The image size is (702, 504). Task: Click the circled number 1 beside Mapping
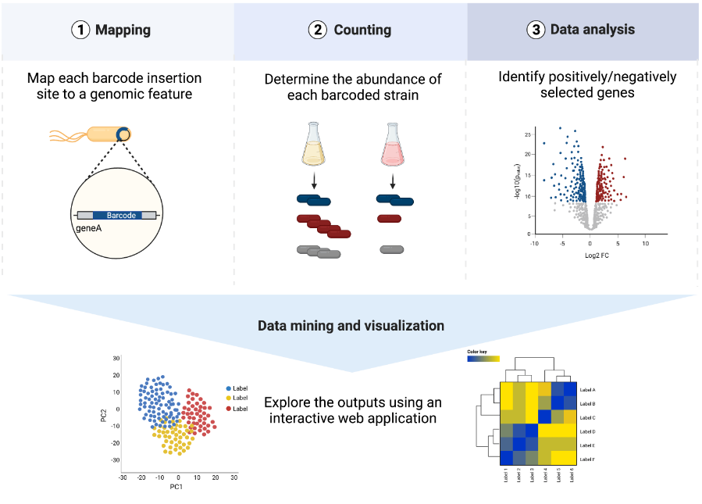click(80, 30)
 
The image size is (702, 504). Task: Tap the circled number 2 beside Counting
click(318, 30)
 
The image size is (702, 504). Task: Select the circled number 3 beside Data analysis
click(536, 30)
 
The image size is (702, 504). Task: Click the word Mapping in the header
click(123, 30)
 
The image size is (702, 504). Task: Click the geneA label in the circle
click(90, 229)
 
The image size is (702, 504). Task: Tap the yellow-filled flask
click(313, 145)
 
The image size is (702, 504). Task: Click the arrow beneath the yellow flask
click(313, 181)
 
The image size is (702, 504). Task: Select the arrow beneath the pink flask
click(393, 181)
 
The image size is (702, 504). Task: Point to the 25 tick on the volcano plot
click(527, 134)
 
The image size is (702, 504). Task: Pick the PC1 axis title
click(176, 487)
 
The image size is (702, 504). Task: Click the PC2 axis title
click(104, 413)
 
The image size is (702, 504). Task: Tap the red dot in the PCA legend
click(228, 409)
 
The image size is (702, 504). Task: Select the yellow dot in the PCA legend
click(228, 399)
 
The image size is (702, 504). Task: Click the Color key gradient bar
click(483, 360)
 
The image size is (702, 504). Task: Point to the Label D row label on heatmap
click(587, 431)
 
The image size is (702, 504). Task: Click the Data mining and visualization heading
click(351, 326)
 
